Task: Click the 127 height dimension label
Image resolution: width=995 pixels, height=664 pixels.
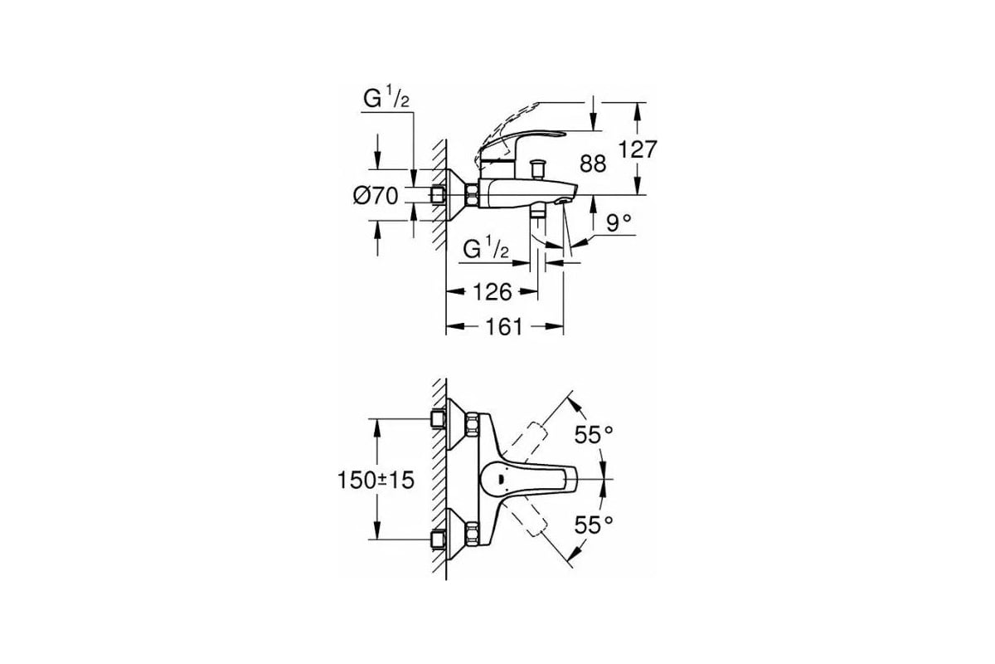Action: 638,149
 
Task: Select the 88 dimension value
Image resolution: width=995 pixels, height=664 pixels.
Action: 593,164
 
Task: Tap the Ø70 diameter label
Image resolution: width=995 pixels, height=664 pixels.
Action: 376,196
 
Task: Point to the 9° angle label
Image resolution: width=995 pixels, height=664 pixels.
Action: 619,222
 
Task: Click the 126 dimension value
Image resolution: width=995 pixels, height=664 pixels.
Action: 493,292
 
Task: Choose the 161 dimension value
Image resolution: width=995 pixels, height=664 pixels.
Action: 504,327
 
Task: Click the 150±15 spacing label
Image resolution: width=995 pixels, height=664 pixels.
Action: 376,481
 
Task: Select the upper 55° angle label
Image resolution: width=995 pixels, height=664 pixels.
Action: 594,435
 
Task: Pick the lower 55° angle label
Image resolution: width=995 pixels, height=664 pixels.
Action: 594,525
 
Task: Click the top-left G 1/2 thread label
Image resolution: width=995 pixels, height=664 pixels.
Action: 386,98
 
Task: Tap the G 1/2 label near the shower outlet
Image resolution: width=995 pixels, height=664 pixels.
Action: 486,248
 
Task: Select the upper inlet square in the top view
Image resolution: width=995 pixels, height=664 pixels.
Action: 439,418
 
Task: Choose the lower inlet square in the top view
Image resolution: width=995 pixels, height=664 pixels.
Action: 439,539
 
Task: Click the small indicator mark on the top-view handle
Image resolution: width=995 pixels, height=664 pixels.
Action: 501,480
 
